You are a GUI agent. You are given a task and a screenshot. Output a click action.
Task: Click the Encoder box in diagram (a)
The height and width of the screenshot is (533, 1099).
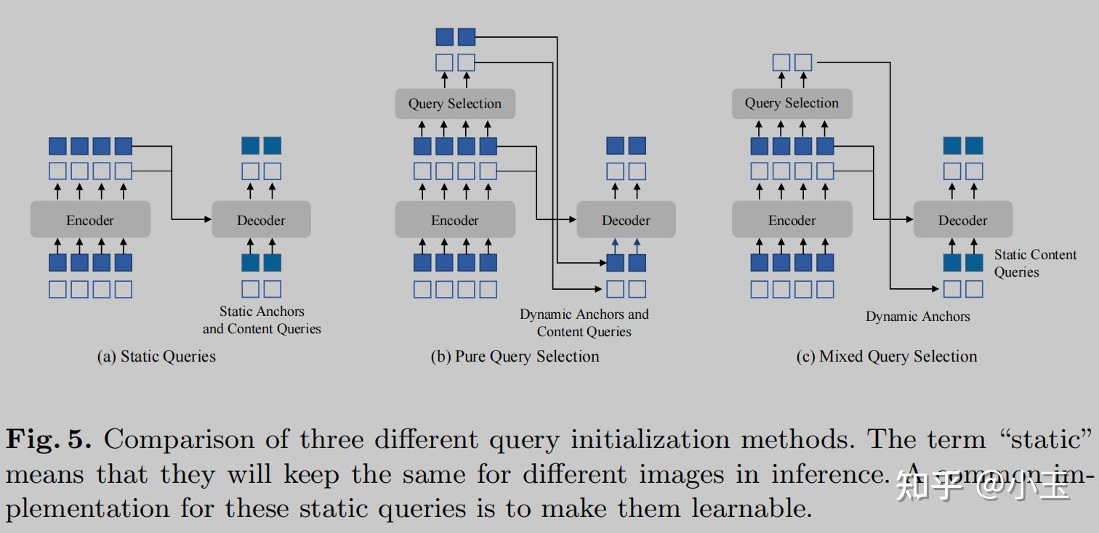pyautogui.click(x=90, y=220)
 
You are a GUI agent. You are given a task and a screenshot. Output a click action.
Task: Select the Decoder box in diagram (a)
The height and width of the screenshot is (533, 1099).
pyautogui.click(x=261, y=220)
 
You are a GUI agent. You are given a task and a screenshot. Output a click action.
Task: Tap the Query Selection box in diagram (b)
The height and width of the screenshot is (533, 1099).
pyautogui.click(x=455, y=104)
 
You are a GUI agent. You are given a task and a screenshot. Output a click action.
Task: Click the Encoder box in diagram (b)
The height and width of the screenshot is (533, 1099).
pyautogui.click(x=455, y=220)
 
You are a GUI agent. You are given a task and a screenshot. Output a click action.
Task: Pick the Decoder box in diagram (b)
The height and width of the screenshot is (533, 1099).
pyautogui.click(x=626, y=220)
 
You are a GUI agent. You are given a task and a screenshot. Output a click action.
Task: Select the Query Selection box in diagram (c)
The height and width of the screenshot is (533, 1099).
pyautogui.click(x=792, y=104)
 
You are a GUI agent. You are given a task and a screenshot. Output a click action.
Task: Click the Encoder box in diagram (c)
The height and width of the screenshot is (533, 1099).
pyautogui.click(x=792, y=220)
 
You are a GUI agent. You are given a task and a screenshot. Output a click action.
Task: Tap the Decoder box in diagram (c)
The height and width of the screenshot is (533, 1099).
pyautogui.click(x=962, y=220)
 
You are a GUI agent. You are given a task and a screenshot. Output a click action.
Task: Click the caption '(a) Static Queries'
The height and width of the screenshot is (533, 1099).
pyautogui.click(x=156, y=357)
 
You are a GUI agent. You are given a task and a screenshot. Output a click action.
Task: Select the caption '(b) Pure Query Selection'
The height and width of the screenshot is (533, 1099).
pyautogui.click(x=515, y=357)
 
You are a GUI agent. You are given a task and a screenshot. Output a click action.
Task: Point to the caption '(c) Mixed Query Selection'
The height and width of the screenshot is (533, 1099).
pyautogui.click(x=887, y=357)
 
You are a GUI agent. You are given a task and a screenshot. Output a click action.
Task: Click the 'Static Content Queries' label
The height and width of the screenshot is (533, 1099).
pyautogui.click(x=1034, y=264)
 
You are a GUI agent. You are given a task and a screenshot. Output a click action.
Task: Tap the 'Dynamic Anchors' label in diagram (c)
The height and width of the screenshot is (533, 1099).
pyautogui.click(x=917, y=317)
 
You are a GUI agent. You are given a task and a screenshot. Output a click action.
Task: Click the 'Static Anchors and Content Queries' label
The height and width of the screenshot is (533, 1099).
pyautogui.click(x=262, y=320)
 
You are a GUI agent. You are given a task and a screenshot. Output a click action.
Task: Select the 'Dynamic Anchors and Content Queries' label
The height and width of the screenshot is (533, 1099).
pyautogui.click(x=584, y=323)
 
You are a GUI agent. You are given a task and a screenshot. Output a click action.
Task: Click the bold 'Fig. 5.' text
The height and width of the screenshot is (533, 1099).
pyautogui.click(x=49, y=439)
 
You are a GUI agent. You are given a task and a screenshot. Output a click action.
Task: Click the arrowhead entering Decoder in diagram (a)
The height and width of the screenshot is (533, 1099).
pyautogui.click(x=207, y=219)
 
